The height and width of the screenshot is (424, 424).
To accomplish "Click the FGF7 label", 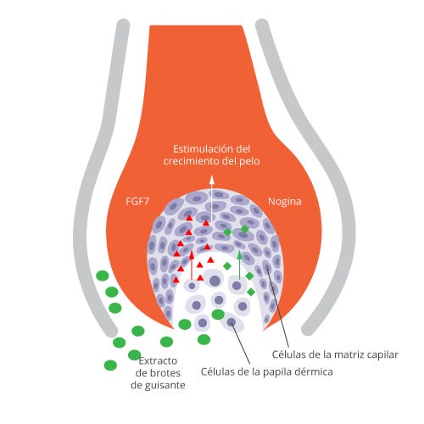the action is click(137, 201).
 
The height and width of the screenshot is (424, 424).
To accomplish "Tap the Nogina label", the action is click(285, 202).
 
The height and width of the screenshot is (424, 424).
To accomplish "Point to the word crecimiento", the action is click(192, 161).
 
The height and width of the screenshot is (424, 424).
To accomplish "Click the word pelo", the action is click(249, 161).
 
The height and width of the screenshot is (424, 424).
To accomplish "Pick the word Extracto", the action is click(158, 360).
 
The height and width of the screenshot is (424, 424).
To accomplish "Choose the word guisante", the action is click(166, 385).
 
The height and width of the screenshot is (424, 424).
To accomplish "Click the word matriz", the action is click(349, 354).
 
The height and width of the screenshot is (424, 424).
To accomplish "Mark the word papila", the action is click(276, 372).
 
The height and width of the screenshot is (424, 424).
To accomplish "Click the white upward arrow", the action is click(211, 198).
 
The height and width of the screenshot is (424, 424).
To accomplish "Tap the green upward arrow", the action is click(239, 265).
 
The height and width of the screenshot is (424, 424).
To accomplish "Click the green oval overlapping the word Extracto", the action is click(134, 355).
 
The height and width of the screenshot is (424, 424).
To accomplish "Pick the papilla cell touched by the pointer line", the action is click(231, 322).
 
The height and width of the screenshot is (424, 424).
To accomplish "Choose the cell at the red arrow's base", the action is click(192, 286).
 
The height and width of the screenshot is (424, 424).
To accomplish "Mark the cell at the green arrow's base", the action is click(237, 286).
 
